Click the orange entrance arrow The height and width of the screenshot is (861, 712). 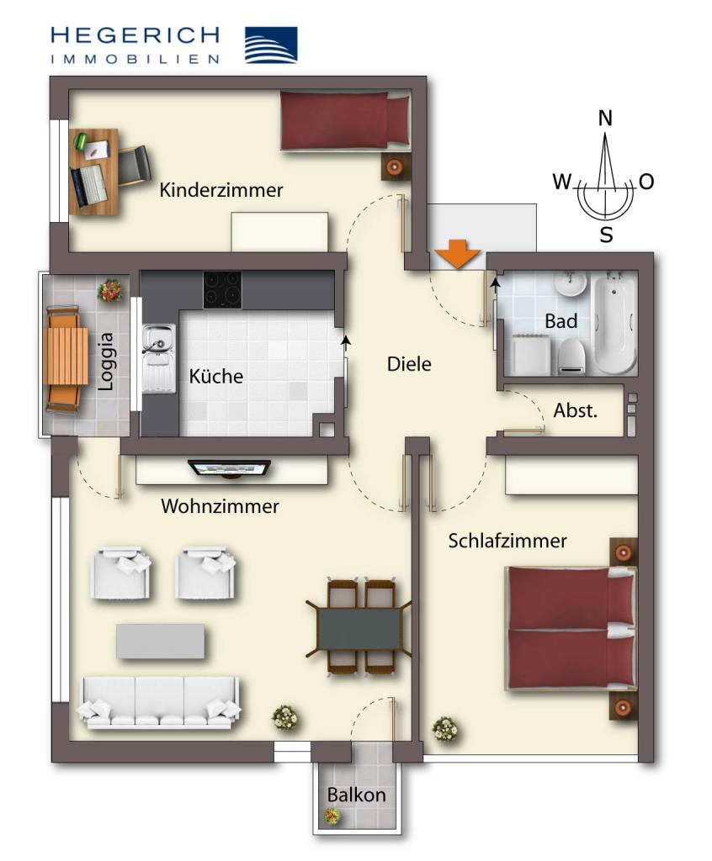(458, 254)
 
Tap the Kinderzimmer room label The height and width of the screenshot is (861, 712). (221, 190)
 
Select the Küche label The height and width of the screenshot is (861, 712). (215, 376)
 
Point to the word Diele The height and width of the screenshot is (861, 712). (409, 364)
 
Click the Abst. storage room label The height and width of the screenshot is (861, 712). (575, 411)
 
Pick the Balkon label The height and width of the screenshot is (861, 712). (356, 795)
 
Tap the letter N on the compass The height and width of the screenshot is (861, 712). (605, 119)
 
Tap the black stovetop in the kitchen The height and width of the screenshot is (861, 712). (222, 289)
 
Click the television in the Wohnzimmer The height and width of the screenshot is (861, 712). (229, 467)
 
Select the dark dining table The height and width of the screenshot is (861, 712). (359, 627)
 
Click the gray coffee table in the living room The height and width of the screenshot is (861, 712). (160, 641)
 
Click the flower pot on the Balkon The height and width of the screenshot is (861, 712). (332, 815)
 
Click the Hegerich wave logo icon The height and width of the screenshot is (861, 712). (270, 45)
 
